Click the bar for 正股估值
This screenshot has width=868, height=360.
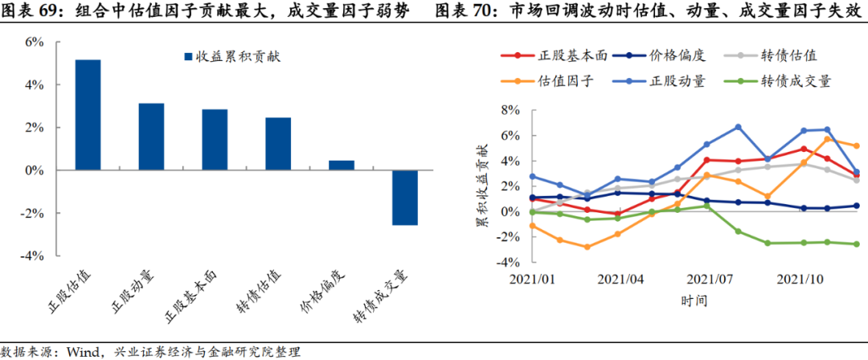click(x=88, y=115)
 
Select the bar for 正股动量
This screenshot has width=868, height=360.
click(x=151, y=137)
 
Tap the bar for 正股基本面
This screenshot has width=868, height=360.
click(x=215, y=140)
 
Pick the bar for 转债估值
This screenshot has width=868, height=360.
click(x=278, y=144)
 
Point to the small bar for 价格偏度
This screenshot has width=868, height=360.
click(x=342, y=166)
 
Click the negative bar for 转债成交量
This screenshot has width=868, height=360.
click(x=405, y=198)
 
